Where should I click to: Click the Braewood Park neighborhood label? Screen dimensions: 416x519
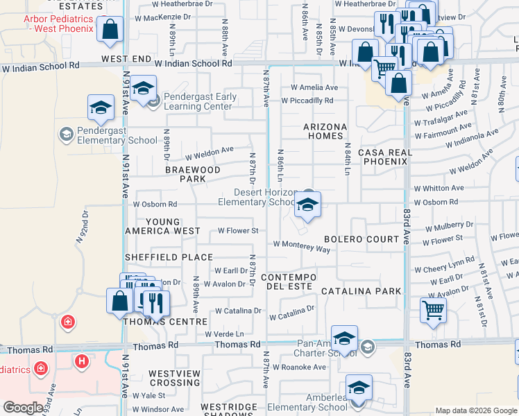coord(192,174)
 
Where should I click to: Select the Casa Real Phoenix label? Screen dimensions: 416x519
coord(385,157)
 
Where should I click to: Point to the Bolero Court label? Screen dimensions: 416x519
coord(361,239)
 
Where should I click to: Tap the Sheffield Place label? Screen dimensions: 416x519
coord(169,257)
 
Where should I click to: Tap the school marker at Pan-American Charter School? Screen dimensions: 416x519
coord(344,339)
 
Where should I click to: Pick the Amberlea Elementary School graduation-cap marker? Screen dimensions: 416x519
coord(358,388)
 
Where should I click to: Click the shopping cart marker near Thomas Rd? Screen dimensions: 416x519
coord(433,310)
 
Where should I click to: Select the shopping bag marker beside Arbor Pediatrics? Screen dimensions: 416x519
coord(110,30)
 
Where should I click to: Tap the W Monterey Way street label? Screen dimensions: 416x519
coord(301,244)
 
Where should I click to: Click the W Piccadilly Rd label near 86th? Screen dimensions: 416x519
coord(307,101)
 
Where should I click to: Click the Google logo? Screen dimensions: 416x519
coord(22,408)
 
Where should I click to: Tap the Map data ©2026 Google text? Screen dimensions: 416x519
coord(475,410)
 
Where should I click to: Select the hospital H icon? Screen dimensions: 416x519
coord(82,361)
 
